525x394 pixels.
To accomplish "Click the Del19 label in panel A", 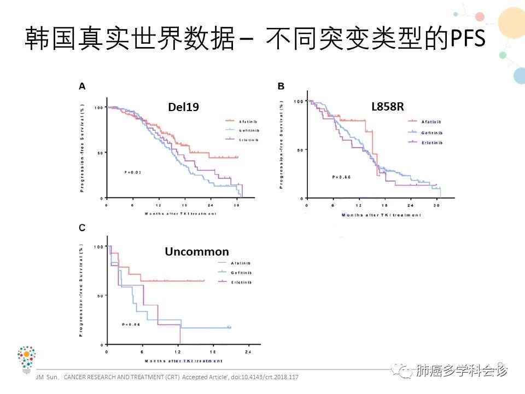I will pyautogui.click(x=184, y=108).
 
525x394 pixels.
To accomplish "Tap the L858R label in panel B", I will pyautogui.click(x=388, y=107).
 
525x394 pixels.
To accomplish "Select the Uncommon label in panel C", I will pyautogui.click(x=197, y=252).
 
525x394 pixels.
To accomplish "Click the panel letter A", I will pyautogui.click(x=82, y=85).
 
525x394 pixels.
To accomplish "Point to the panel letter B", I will pyautogui.click(x=281, y=85).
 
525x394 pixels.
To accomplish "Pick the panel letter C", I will pyautogui.click(x=82, y=228).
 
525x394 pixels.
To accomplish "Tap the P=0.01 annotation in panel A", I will pyautogui.click(x=133, y=172).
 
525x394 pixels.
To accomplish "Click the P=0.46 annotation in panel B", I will pyautogui.click(x=341, y=177).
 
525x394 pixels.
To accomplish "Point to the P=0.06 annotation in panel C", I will pyautogui.click(x=131, y=325).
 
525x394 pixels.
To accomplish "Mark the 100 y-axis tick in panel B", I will pyautogui.click(x=299, y=101).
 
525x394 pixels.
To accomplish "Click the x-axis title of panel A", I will pyautogui.click(x=180, y=213).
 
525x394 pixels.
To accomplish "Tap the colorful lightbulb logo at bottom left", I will pyautogui.click(x=26, y=359).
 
